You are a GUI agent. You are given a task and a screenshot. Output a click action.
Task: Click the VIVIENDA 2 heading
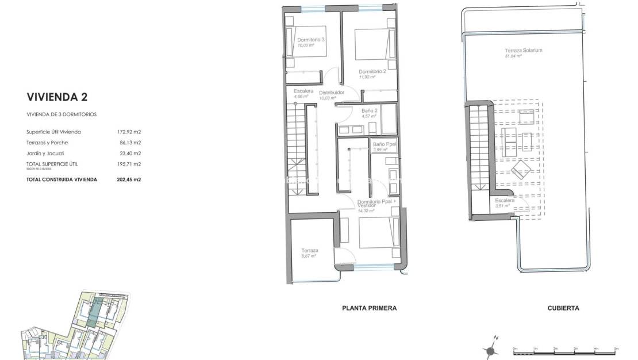[57, 97]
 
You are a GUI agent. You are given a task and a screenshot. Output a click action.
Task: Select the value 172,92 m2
[129, 132]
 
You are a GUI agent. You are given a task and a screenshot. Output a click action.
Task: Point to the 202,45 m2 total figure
[129, 179]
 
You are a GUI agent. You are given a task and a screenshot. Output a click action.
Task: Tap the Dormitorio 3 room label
[311, 40]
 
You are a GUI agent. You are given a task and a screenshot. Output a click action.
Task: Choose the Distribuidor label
[332, 92]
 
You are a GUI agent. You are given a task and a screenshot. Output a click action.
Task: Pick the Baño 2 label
[370, 110]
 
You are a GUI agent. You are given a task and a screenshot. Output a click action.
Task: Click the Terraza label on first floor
[310, 251]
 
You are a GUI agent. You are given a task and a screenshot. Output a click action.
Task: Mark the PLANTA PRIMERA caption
[369, 308]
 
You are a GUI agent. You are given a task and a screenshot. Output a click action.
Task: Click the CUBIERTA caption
[563, 308]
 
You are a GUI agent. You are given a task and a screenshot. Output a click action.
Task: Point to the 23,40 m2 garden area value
[129, 153]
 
